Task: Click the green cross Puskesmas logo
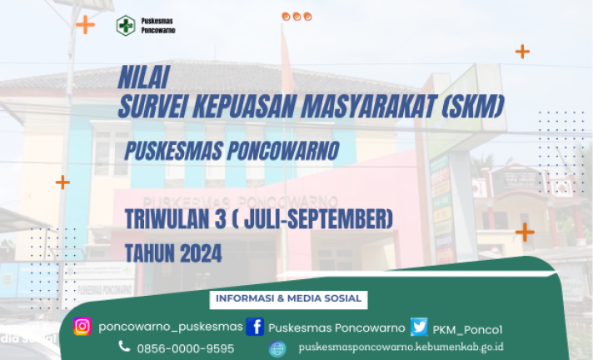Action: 126,25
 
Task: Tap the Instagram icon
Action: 82,327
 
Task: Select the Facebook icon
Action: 255,327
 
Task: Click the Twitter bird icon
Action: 419,327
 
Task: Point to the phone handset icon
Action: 124,346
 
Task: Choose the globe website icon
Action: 277,348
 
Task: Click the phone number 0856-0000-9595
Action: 186,348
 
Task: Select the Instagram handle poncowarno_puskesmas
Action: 171,327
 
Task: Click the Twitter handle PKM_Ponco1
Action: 467,330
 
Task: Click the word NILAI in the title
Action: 144,77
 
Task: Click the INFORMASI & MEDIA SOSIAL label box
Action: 288,299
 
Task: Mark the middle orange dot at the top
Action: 296,17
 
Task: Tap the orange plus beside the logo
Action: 86,25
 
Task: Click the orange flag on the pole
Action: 287,61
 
